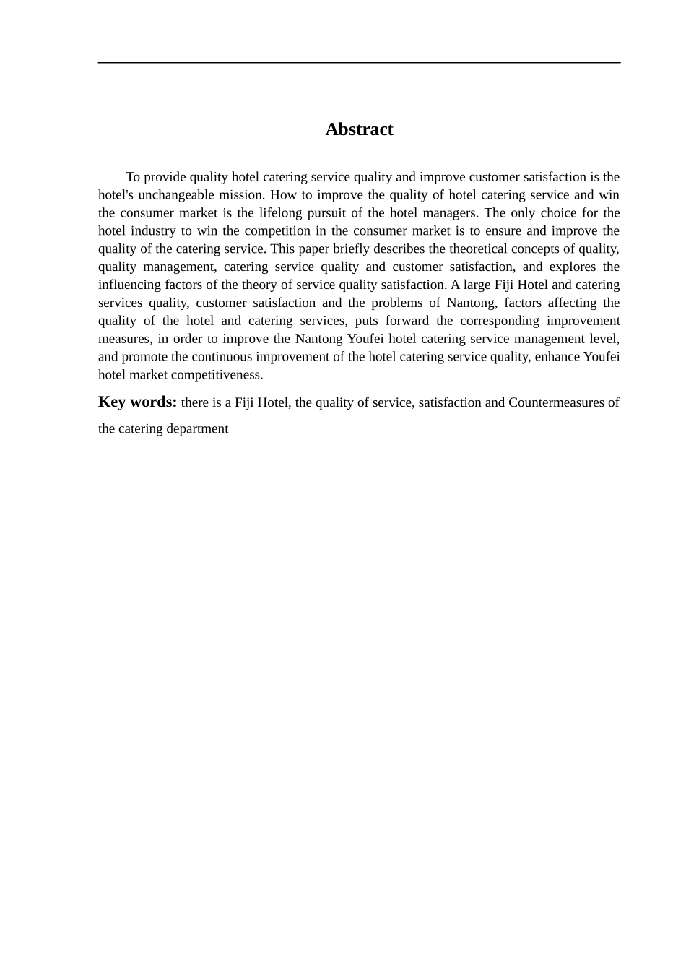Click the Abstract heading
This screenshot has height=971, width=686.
click(x=359, y=129)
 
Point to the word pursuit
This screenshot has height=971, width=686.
click(x=335, y=213)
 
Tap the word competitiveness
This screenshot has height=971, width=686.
click(x=216, y=375)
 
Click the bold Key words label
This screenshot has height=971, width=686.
click(x=137, y=402)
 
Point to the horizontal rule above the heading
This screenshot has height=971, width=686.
click(x=359, y=63)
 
